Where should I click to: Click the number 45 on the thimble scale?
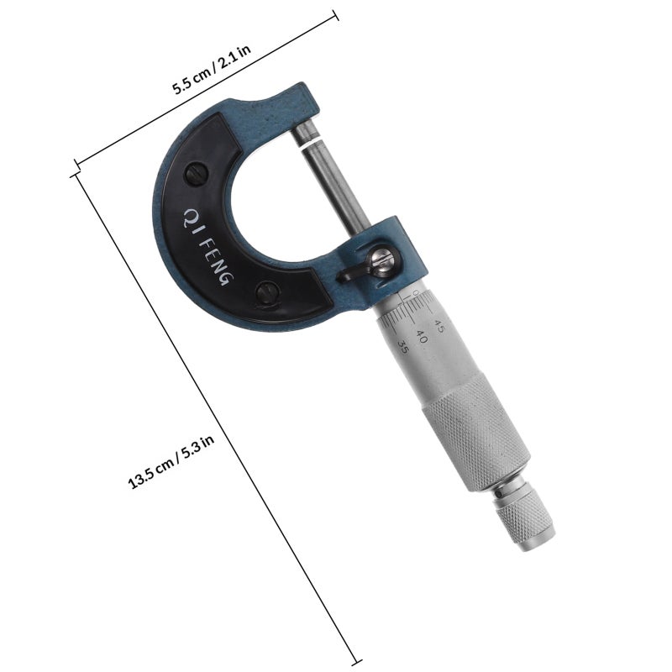[x=438, y=327]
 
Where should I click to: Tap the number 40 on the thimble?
[x=422, y=337]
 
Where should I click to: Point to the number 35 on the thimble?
[x=404, y=346]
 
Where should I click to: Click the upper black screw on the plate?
[x=197, y=174]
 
